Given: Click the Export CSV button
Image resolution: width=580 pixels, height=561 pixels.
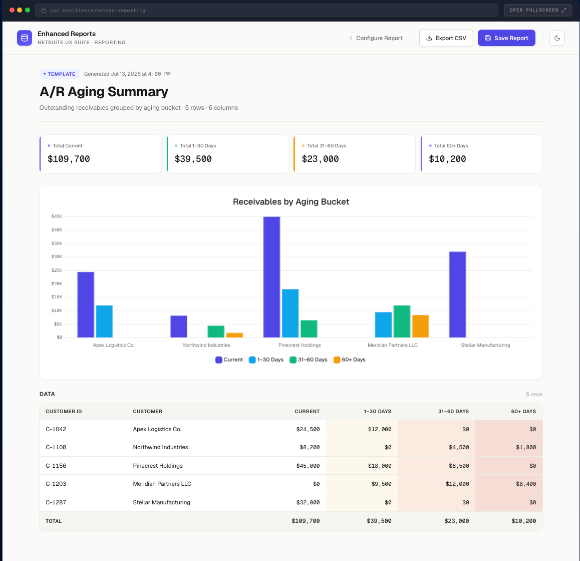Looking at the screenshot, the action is (446, 38).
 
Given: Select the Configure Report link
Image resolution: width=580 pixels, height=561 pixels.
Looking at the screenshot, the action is (376, 38).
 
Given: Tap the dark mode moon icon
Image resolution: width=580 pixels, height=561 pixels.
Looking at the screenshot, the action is (557, 38).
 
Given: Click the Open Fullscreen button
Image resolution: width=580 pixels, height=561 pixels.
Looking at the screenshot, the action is (537, 10).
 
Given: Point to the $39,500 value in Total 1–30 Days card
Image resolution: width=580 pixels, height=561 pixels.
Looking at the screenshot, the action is (193, 159).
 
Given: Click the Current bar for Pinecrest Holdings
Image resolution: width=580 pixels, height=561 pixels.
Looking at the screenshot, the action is (271, 277).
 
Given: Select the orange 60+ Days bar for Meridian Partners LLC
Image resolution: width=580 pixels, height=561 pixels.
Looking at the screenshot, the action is (420, 326).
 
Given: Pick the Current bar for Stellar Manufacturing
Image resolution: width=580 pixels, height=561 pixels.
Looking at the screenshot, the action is (458, 294).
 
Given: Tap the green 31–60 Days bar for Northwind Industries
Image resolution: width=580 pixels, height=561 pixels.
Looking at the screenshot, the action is (216, 331).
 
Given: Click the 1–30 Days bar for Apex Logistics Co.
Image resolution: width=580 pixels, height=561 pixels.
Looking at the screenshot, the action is (104, 321).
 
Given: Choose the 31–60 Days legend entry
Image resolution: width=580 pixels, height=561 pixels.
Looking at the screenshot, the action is (309, 359).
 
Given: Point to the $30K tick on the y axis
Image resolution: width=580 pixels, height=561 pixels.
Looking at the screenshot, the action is (57, 257).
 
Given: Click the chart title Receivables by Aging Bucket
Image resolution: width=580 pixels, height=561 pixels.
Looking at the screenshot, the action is (291, 202).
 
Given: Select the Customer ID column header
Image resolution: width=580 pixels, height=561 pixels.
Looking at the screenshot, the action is (64, 412).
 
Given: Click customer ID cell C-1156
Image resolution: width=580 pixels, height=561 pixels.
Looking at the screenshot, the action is (56, 465).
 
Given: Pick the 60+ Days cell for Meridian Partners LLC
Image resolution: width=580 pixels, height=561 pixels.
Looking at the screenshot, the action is (525, 484).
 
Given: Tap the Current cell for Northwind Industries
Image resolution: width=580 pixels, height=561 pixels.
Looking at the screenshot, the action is (310, 447).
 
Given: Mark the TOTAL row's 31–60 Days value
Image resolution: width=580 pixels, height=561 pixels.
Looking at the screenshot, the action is (456, 520).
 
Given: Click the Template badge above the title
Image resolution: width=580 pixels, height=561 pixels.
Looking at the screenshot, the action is (59, 74).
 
